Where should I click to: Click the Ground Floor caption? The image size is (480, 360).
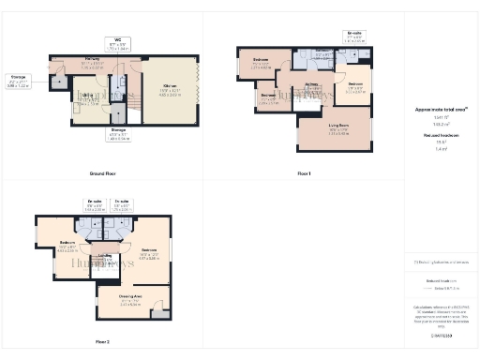point(101,174)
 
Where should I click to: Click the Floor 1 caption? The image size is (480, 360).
point(304,174)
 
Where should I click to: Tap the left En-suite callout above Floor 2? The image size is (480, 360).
point(95,202)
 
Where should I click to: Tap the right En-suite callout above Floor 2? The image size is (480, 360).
point(122,202)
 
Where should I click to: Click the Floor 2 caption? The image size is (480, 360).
point(101,341)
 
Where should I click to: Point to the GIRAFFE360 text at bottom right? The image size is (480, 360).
point(440,335)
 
